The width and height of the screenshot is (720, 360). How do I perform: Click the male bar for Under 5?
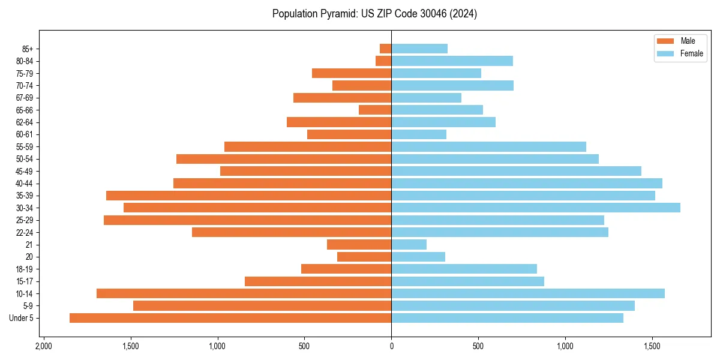coord(230,318)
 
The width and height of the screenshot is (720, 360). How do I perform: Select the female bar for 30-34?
coord(536,208)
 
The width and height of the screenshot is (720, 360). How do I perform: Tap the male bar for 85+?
coord(386,49)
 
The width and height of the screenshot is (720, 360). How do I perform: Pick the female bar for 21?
coord(409,244)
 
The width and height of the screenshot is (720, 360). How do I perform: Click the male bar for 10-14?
coord(244,293)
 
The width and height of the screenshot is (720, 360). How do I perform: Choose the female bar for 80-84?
coord(452,61)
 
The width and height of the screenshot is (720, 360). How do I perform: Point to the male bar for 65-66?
coord(375,110)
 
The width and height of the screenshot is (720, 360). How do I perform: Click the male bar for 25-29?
coord(248,220)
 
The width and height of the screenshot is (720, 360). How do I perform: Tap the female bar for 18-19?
coord(464,269)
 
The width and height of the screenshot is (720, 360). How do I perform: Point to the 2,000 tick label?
coord(43,346)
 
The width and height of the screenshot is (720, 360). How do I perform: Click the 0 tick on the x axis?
coord(391,346)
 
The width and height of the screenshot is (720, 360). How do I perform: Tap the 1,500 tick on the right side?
coord(653,346)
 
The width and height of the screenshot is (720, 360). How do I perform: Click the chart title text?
coord(374,14)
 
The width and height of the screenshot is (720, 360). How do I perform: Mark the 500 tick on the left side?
coord(304,346)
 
